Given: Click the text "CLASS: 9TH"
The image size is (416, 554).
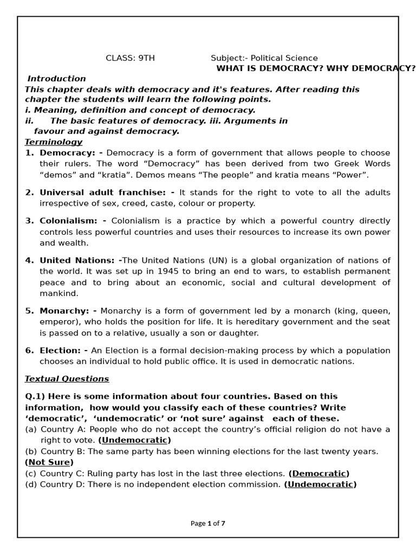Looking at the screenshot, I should [130, 58].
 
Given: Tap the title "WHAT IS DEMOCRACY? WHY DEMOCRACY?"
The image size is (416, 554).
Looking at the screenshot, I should [316, 68].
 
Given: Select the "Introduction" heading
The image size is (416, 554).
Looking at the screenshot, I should [56, 78].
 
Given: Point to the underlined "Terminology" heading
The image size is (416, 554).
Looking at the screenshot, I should [54, 142].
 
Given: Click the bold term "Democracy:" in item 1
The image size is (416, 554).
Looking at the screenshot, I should [67, 153].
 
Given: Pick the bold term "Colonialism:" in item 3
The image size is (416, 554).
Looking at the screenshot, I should [68, 221].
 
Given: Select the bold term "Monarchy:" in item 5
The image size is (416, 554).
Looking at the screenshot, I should [64, 311].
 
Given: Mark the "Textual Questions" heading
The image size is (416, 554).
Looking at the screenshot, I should [67, 379].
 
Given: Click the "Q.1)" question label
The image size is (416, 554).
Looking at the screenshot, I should [35, 397].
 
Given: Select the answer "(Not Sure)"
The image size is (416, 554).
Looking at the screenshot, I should [49, 462].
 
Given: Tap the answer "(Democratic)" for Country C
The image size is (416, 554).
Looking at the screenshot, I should [319, 473].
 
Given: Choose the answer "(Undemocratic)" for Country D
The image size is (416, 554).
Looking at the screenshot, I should [320, 484].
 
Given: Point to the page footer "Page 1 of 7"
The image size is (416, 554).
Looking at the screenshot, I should [208, 523].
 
